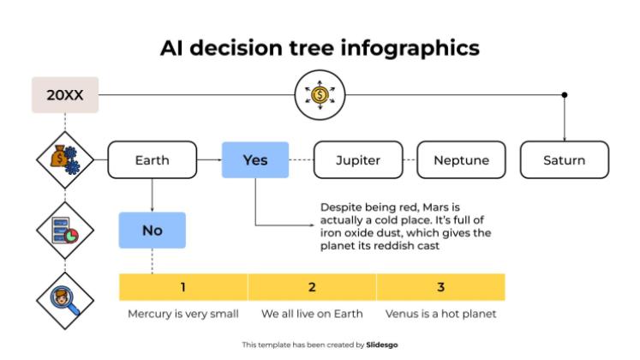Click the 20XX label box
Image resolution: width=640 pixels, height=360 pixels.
(x=65, y=95)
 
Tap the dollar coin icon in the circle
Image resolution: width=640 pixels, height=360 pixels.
(x=319, y=95)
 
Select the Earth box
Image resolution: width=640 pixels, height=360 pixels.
(x=152, y=160)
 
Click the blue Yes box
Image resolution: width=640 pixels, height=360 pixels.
(x=255, y=160)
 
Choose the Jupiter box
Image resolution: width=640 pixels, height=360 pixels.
(x=358, y=160)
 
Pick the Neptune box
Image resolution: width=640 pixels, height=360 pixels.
(x=461, y=160)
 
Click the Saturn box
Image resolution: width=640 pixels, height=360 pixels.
(x=564, y=160)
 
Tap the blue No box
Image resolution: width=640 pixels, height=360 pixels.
(x=152, y=230)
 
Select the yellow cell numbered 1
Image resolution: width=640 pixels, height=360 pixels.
(x=182, y=287)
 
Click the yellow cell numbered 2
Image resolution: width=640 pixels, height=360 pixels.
(x=312, y=287)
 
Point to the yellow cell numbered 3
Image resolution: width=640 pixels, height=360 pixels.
(x=440, y=287)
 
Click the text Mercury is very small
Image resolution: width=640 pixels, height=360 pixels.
(x=182, y=314)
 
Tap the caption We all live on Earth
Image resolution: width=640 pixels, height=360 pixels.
(x=312, y=314)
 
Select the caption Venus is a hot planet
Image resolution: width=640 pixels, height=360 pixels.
(x=440, y=314)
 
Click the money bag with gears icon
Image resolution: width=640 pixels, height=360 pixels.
(x=65, y=160)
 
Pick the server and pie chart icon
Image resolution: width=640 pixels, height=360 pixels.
(x=65, y=230)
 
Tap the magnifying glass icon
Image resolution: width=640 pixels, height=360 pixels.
(x=65, y=300)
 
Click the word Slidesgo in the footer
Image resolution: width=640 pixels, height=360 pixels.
(x=381, y=345)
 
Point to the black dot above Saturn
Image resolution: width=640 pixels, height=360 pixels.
(x=564, y=95)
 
